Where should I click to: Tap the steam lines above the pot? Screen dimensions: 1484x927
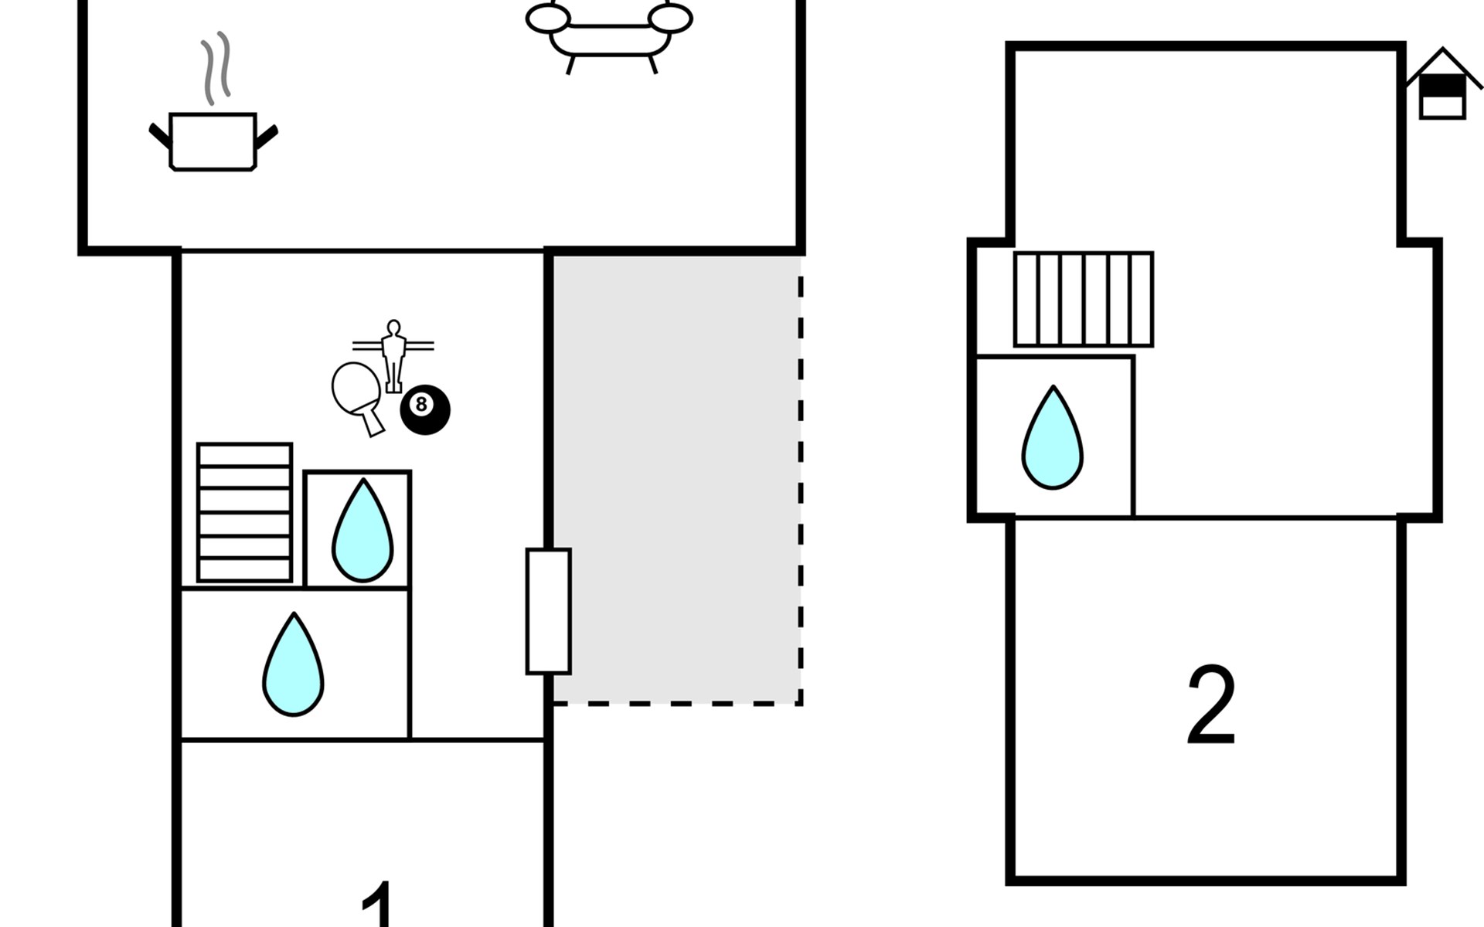[216, 68]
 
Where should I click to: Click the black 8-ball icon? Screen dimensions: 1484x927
[424, 409]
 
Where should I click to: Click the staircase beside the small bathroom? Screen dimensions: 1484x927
[244, 512]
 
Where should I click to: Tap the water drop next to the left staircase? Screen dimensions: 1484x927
[362, 531]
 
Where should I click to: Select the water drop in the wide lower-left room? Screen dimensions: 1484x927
[293, 664]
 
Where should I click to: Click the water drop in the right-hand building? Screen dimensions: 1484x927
[1052, 438]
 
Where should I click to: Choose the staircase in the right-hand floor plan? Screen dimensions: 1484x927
[1083, 299]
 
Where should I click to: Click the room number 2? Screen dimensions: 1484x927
[1210, 705]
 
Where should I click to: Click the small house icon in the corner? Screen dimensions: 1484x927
[1443, 83]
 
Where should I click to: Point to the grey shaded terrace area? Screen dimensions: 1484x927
[676, 479]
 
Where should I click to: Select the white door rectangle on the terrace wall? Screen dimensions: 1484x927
[549, 611]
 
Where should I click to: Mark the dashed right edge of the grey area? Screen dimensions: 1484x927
[801, 479]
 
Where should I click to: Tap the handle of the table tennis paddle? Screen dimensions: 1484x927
[371, 421]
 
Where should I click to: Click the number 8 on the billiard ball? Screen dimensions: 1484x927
[421, 404]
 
